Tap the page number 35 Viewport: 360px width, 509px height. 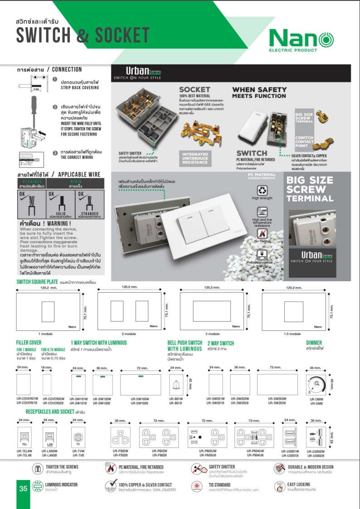[23, 489]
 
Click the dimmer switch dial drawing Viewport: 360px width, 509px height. [316, 385]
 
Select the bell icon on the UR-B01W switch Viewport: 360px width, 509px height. [175, 385]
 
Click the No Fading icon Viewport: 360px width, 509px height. [262, 234]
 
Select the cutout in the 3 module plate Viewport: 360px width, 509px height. [212, 311]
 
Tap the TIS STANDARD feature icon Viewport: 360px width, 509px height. [196, 486]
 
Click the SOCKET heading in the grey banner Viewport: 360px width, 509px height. [195, 89]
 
